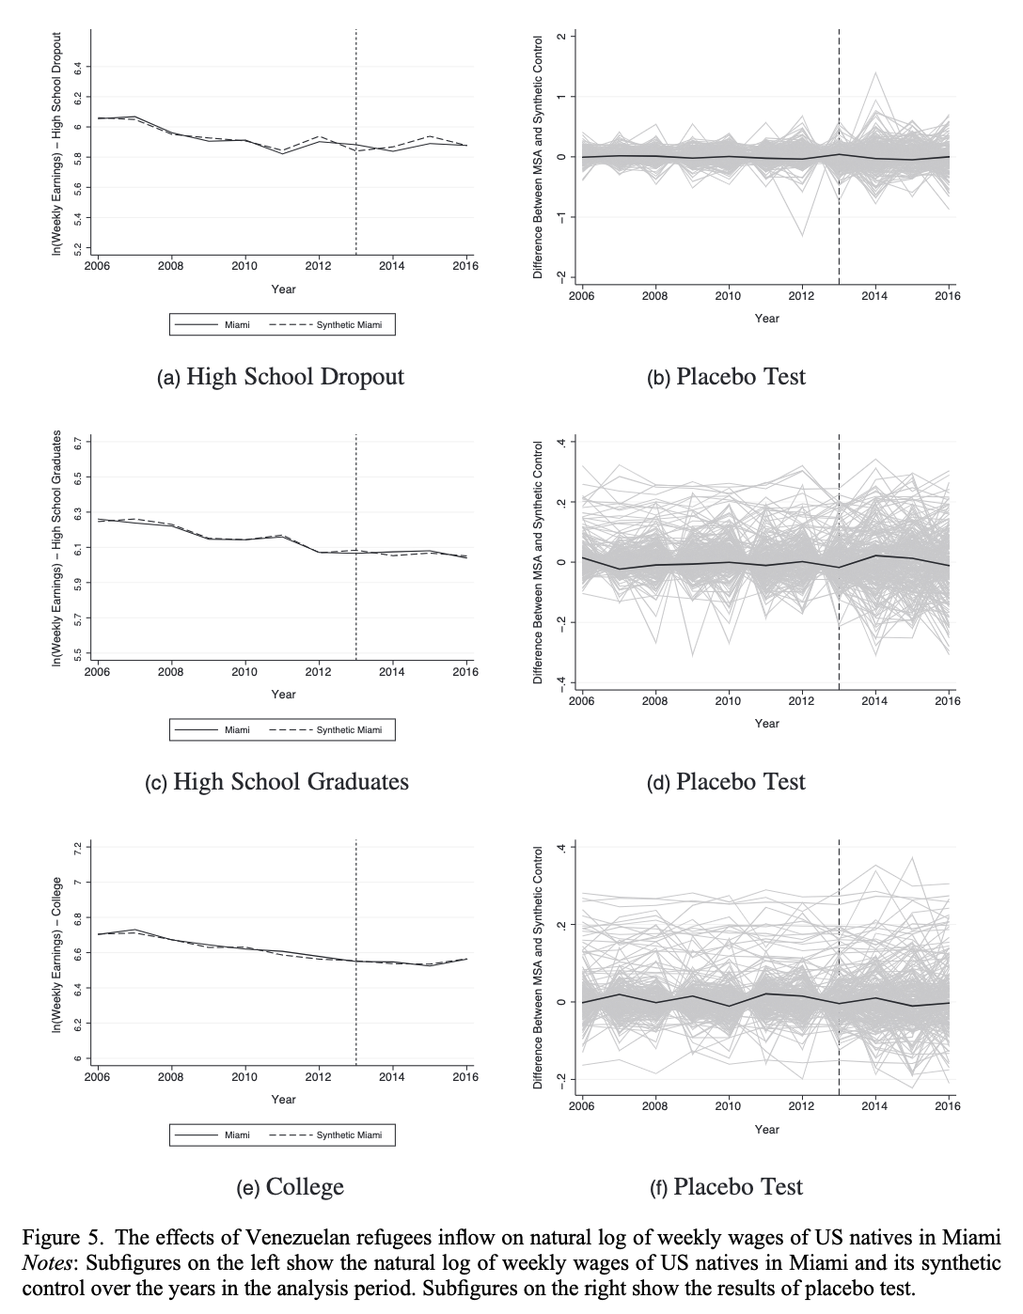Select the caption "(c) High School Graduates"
click(277, 782)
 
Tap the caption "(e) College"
click(291, 1187)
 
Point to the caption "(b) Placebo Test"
click(727, 377)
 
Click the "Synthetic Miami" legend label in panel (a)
click(349, 325)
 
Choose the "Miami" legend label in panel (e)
click(237, 1135)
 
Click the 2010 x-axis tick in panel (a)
click(244, 266)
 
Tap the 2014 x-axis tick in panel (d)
click(874, 700)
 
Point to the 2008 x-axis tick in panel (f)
click(654, 1106)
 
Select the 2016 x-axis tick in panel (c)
click(465, 672)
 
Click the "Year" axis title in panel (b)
click(766, 319)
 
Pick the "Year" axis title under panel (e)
click(283, 1100)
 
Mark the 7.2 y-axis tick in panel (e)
click(79, 847)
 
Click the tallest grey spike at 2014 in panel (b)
click(875, 72)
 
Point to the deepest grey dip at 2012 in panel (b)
click(802, 235)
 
